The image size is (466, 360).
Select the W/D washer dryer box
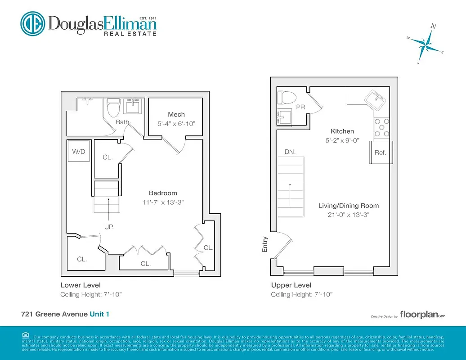click(78, 152)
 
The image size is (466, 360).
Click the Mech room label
click(176, 114)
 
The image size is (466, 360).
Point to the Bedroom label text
click(163, 193)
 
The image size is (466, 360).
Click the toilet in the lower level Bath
click(112, 107)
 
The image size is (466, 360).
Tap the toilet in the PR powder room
click(285, 97)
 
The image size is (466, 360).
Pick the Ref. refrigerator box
click(381, 153)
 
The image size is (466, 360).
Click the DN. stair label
click(290, 152)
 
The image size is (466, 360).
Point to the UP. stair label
click(109, 227)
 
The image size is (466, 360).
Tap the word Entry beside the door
click(265, 244)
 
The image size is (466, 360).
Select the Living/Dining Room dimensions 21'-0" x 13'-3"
click(349, 215)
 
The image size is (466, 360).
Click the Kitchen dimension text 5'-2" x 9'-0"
click(342, 140)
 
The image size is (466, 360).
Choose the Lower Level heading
click(81, 285)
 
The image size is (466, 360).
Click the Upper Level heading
click(291, 285)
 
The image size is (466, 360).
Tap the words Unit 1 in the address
click(99, 314)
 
